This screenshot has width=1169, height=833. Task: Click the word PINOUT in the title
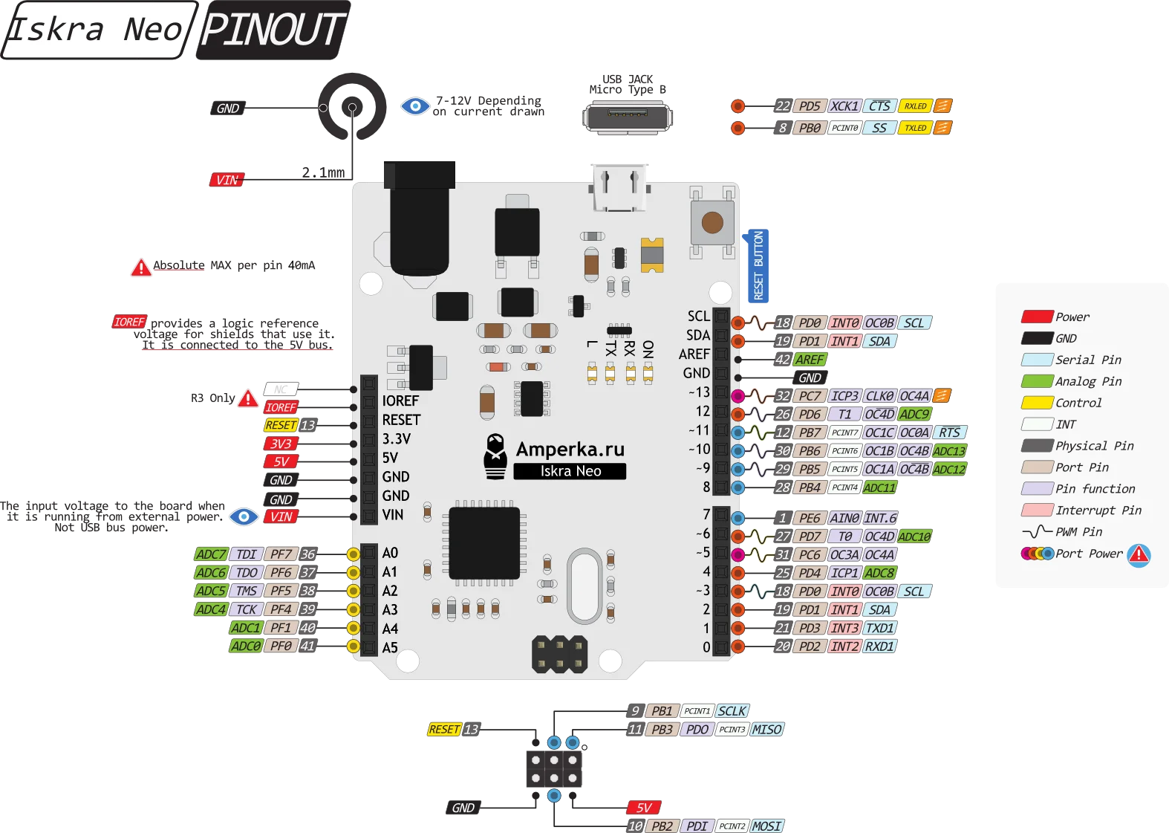pyautogui.click(x=273, y=30)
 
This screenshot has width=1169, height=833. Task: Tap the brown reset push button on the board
pyautogui.click(x=712, y=222)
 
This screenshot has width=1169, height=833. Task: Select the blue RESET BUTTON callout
pyautogui.click(x=758, y=265)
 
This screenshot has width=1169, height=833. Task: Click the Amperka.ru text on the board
pyautogui.click(x=570, y=449)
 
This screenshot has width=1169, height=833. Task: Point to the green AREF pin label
pyautogui.click(x=809, y=360)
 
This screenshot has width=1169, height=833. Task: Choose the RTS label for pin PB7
pyautogui.click(x=949, y=432)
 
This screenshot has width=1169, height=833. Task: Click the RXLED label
pyautogui.click(x=915, y=106)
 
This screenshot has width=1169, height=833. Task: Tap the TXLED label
pyautogui.click(x=915, y=128)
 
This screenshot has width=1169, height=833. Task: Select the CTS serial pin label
pyautogui.click(x=879, y=106)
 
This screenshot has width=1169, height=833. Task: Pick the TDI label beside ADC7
pyautogui.click(x=246, y=554)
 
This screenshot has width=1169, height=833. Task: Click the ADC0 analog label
pyautogui.click(x=245, y=646)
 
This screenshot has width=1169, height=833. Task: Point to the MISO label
pyautogui.click(x=766, y=730)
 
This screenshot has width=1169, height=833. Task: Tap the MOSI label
pyautogui.click(x=766, y=826)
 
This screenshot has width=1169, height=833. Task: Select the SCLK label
pyautogui.click(x=732, y=711)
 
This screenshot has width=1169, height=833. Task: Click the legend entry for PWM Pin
pyautogui.click(x=1078, y=532)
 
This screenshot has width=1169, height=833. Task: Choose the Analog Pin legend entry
pyautogui.click(x=1088, y=381)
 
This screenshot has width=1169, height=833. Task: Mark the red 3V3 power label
pyautogui.click(x=281, y=444)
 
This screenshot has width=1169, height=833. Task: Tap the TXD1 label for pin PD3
pyautogui.click(x=879, y=628)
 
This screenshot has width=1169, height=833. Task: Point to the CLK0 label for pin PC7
pyautogui.click(x=879, y=396)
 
